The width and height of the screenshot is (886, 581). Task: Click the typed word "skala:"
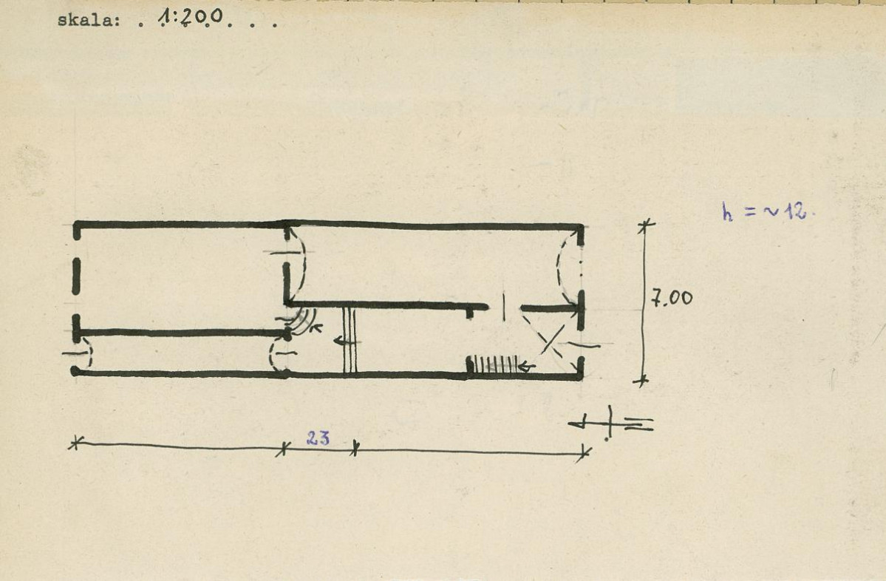pos(89,21)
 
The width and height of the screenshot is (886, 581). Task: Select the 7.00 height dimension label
pos(672,297)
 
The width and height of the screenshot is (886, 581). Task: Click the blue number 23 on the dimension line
pos(318,438)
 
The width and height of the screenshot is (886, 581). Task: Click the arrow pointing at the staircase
pos(527,367)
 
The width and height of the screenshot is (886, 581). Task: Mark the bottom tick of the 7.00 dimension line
pos(641,381)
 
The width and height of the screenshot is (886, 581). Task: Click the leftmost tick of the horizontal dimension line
pos(75,443)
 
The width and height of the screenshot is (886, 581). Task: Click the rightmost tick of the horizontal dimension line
pos(585,453)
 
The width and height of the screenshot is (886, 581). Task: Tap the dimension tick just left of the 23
pos(283,449)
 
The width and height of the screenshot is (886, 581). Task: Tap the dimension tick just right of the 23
pos(354,449)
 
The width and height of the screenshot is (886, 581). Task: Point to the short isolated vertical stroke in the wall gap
pos(504,307)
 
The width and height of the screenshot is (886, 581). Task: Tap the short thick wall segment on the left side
pos(76,277)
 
